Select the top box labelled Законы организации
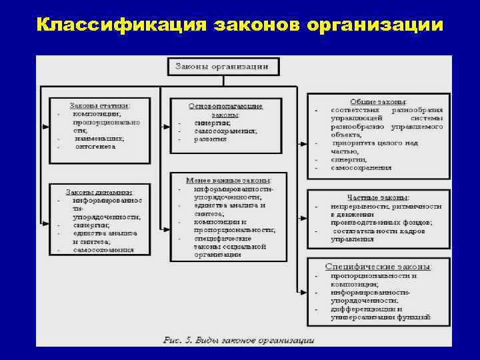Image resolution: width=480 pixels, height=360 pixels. point(222,66)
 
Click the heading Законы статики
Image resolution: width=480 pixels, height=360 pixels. point(100,105)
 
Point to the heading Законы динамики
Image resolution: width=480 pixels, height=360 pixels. point(99,191)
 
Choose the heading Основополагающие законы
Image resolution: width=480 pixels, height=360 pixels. point(226,110)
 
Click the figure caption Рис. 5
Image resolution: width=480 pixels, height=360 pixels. point(180,340)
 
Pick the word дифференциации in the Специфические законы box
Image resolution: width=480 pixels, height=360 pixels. point(362,309)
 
